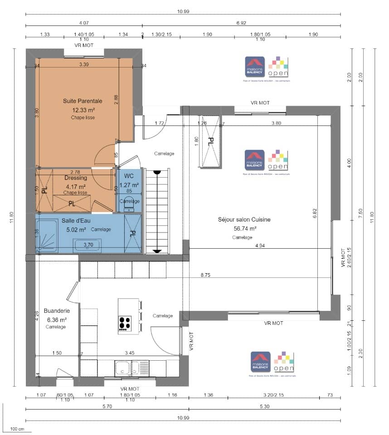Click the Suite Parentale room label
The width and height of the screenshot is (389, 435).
click(x=83, y=101)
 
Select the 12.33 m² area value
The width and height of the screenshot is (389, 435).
click(x=83, y=110)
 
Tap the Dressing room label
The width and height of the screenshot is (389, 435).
click(x=76, y=178)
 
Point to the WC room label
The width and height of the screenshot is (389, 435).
click(x=129, y=176)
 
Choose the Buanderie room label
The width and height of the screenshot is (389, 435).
click(x=56, y=311)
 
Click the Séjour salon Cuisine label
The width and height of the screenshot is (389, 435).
click(x=244, y=219)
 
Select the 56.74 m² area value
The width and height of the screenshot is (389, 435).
click(x=244, y=228)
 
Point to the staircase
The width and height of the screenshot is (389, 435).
click(x=157, y=211)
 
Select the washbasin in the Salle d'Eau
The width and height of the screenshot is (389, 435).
click(x=88, y=246)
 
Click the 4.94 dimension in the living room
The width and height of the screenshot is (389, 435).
click(x=259, y=245)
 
